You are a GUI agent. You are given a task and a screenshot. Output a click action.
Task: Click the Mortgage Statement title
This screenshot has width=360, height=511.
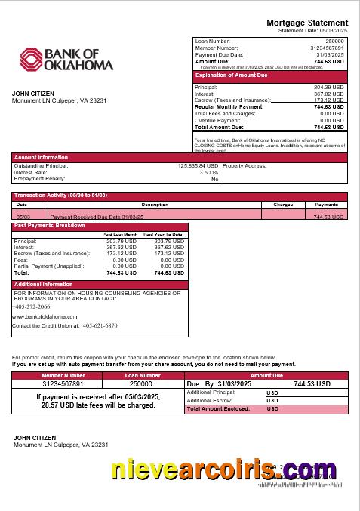307,23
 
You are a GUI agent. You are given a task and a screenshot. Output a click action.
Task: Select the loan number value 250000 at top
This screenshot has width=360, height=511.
334,41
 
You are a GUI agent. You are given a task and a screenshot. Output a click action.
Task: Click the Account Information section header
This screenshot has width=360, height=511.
41,157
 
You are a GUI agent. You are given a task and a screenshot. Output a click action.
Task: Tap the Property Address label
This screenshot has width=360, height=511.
245,165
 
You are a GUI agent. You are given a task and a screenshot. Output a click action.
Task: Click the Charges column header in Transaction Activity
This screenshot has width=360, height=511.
283,205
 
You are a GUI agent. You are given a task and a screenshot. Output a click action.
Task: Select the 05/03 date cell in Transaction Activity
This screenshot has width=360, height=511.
23,217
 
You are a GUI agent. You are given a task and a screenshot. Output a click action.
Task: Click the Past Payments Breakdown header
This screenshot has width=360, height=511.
49,226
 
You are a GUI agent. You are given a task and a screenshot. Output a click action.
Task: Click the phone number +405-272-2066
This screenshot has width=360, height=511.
32,306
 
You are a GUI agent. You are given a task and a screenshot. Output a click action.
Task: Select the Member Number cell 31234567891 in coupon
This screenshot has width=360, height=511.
63,383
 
